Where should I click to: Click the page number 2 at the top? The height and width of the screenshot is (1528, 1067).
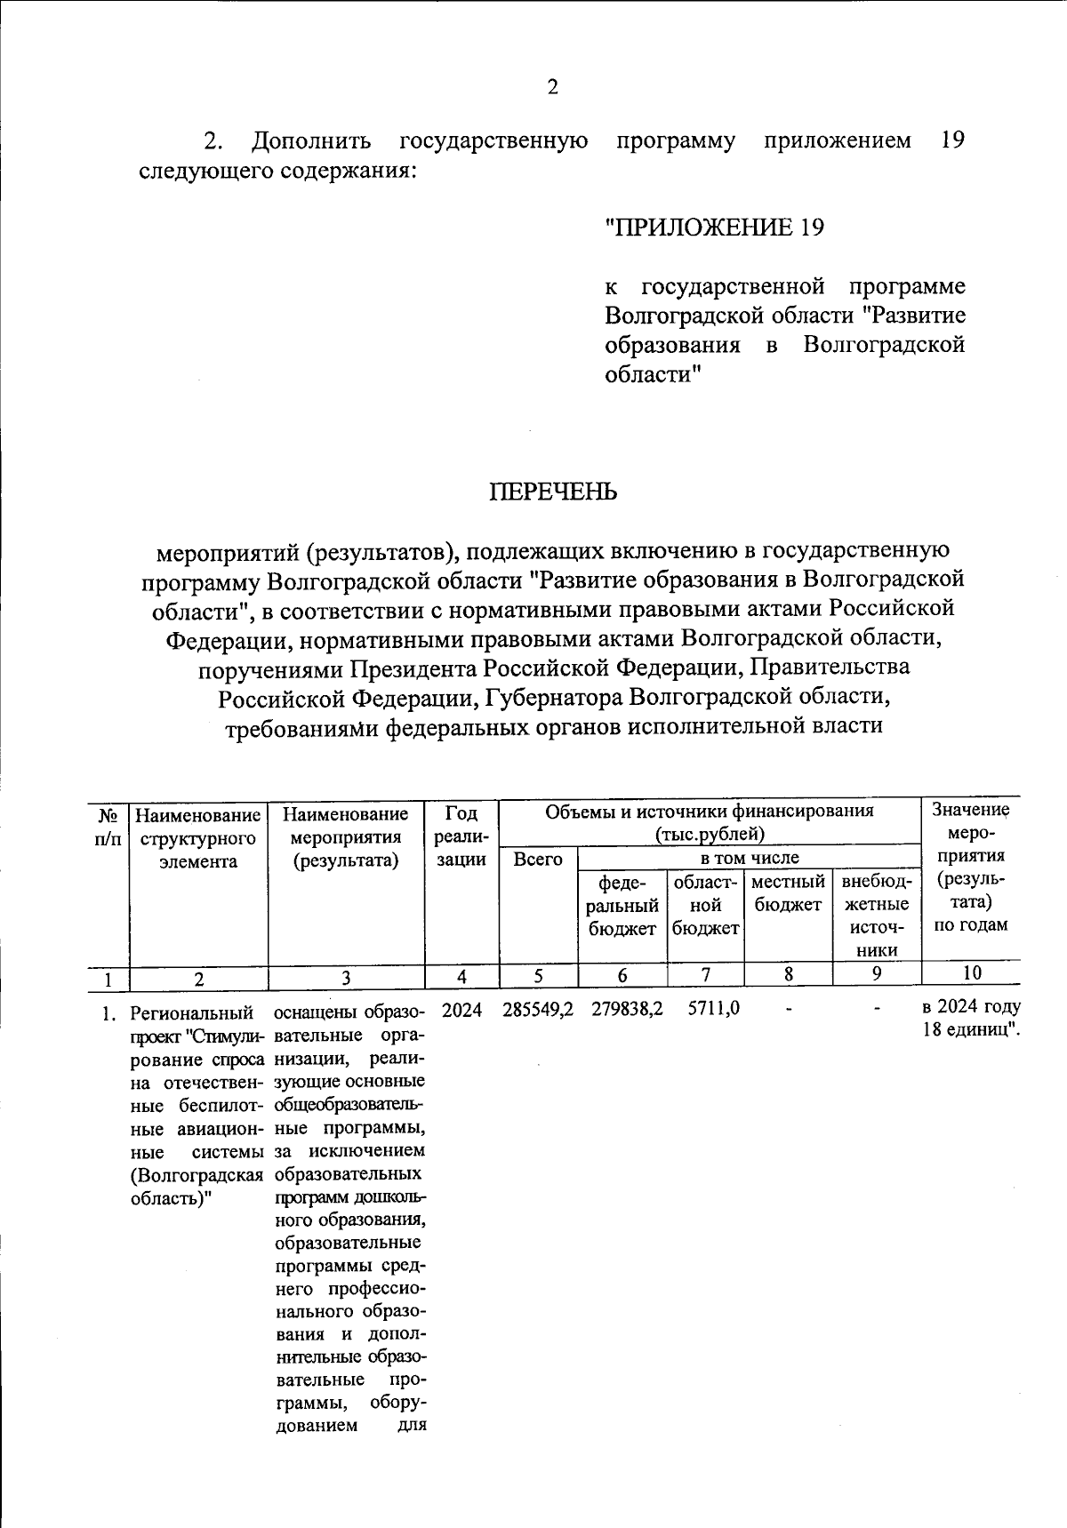click(552, 87)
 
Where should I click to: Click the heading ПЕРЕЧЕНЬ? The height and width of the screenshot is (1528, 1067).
click(552, 492)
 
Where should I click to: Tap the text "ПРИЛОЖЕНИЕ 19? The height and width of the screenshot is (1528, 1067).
click(714, 228)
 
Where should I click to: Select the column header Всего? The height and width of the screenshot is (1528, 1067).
click(538, 860)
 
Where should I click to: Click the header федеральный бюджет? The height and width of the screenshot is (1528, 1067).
click(622, 905)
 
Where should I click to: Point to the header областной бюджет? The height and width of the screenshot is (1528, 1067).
click(705, 905)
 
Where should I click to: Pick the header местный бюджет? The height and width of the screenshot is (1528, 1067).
click(788, 893)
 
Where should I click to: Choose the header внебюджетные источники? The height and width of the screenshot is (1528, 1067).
click(876, 916)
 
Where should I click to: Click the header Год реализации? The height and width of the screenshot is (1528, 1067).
click(461, 836)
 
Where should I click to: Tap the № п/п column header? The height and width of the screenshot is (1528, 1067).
click(108, 824)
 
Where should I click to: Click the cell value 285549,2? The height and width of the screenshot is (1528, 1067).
click(538, 1010)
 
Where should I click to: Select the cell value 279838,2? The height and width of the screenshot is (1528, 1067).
click(627, 1010)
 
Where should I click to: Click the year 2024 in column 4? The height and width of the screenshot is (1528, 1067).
click(461, 1010)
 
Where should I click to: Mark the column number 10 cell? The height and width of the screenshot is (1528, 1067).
click(971, 972)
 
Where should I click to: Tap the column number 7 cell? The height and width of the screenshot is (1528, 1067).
click(705, 974)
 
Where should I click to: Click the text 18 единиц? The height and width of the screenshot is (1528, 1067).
click(971, 1031)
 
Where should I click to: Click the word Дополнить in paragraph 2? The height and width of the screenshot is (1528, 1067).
click(311, 140)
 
